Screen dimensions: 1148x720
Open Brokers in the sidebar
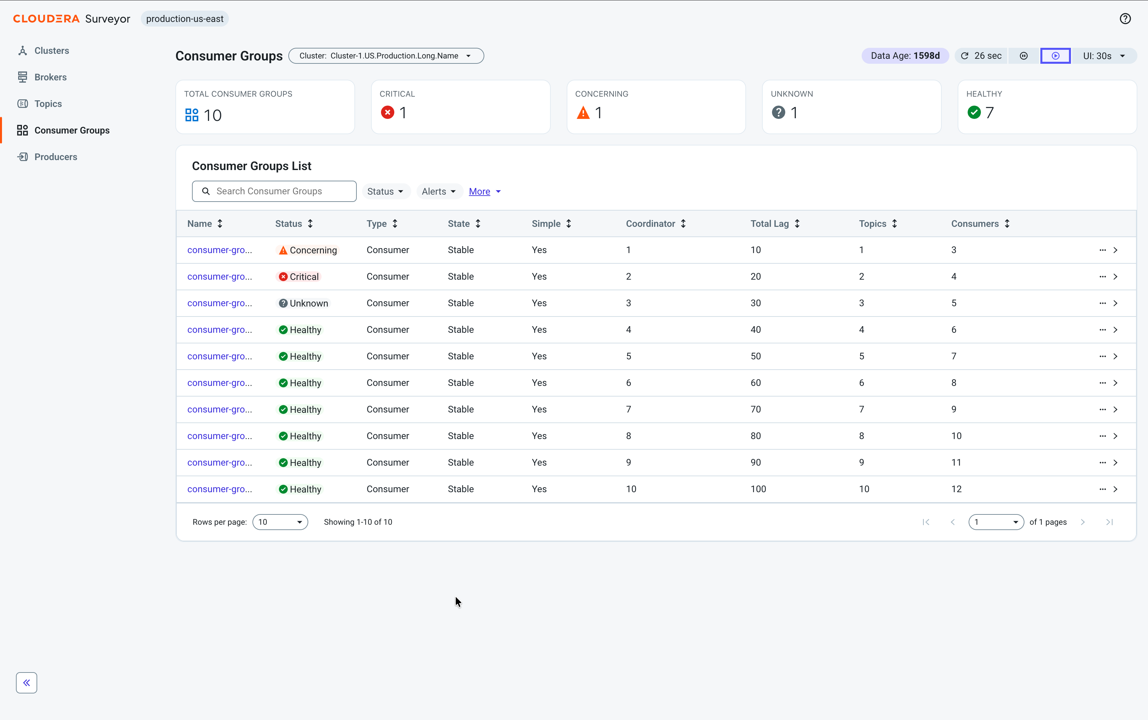click(x=50, y=77)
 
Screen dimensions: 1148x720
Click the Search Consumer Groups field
click(x=274, y=191)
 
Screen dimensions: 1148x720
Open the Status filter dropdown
click(x=386, y=191)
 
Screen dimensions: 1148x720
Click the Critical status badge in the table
click(x=299, y=277)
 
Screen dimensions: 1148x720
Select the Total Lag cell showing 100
click(x=758, y=489)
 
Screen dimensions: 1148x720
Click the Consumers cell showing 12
click(x=956, y=489)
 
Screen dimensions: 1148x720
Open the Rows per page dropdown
click(x=280, y=522)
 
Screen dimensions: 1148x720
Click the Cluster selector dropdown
click(x=386, y=56)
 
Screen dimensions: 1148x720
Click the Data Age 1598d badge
click(x=905, y=56)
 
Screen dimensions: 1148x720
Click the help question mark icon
click(x=1125, y=19)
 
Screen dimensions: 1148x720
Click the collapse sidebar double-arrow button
click(x=27, y=682)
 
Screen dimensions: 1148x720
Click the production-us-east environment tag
click(x=185, y=19)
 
